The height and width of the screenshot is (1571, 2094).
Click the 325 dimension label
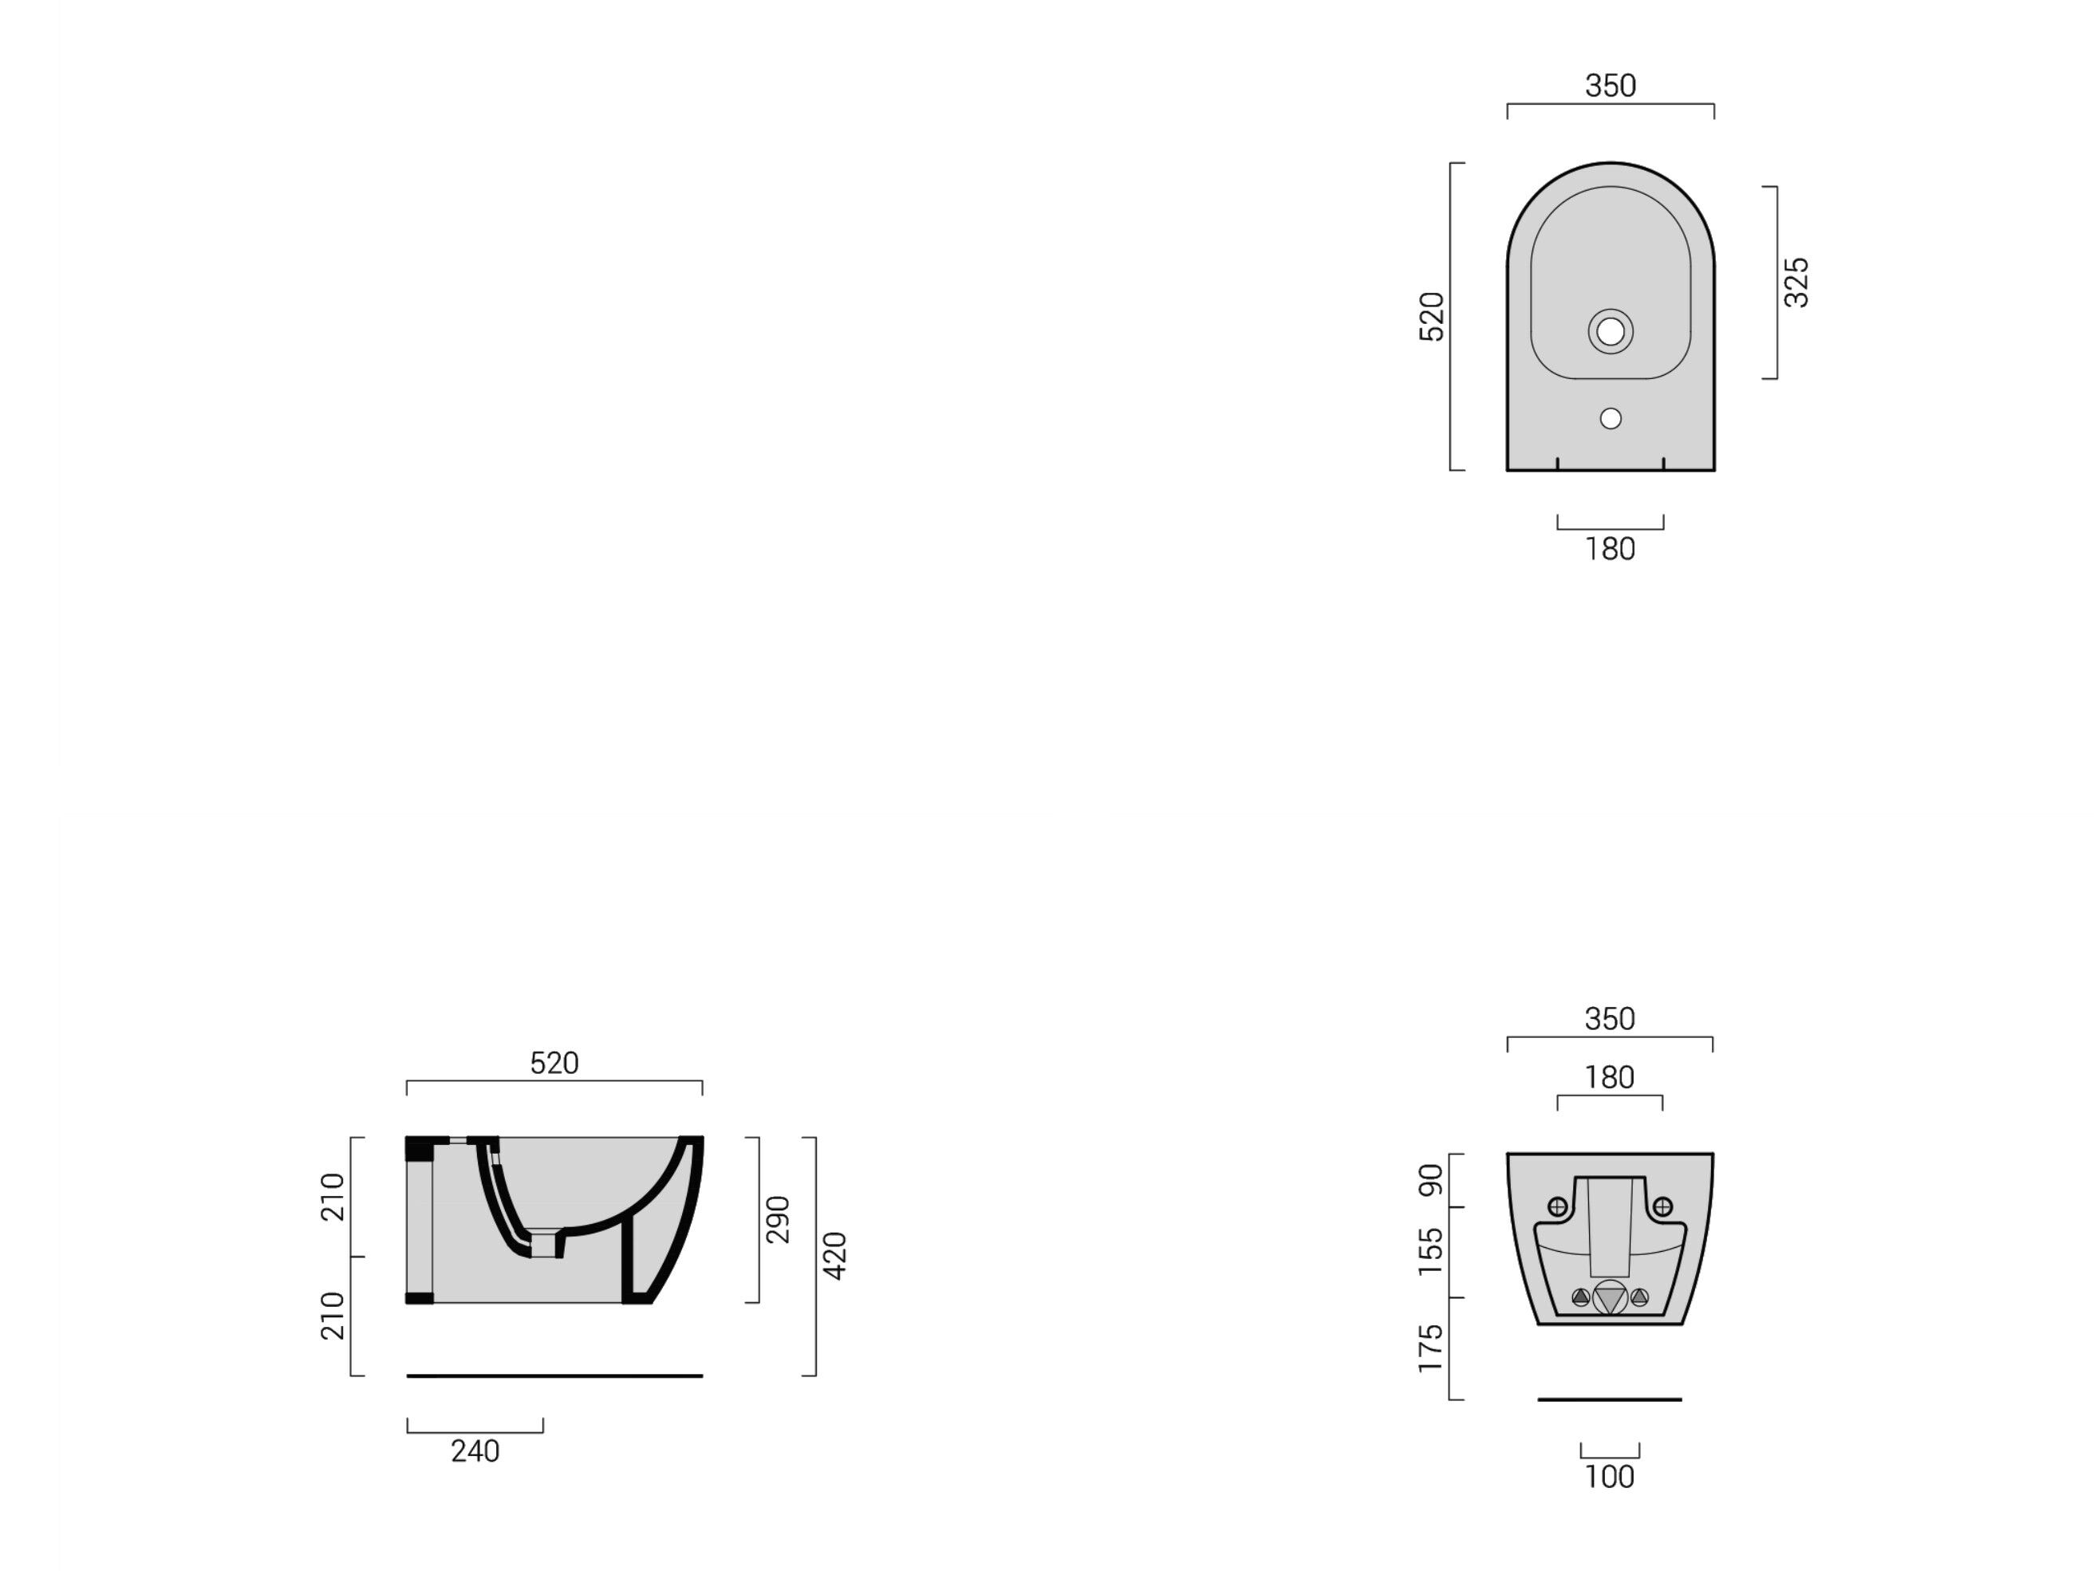pyautogui.click(x=1795, y=282)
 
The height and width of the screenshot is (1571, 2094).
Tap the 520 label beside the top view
pyautogui.click(x=1430, y=316)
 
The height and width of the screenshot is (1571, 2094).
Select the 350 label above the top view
pyautogui.click(x=1611, y=86)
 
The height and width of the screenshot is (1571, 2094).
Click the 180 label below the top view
pyautogui.click(x=1611, y=549)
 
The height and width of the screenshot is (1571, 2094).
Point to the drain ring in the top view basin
pyautogui.click(x=1611, y=331)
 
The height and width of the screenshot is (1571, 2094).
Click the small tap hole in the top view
pyautogui.click(x=1611, y=417)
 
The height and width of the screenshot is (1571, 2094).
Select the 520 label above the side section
pyautogui.click(x=554, y=1064)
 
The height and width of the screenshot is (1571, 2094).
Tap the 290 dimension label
pyautogui.click(x=777, y=1220)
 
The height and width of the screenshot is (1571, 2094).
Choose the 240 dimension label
pyautogui.click(x=475, y=1451)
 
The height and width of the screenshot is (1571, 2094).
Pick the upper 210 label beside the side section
pyautogui.click(x=333, y=1197)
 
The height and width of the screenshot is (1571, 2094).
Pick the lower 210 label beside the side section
pyautogui.click(x=333, y=1316)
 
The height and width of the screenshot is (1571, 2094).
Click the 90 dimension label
pyautogui.click(x=1430, y=1180)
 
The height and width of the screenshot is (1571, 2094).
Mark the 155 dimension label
pyautogui.click(x=1430, y=1251)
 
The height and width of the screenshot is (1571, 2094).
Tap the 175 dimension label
pyautogui.click(x=1430, y=1348)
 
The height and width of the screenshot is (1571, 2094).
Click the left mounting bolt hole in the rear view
pyautogui.click(x=1557, y=1206)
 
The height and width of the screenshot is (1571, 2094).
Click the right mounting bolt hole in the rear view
pyautogui.click(x=1662, y=1206)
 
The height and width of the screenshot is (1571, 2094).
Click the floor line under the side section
pyautogui.click(x=554, y=1376)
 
